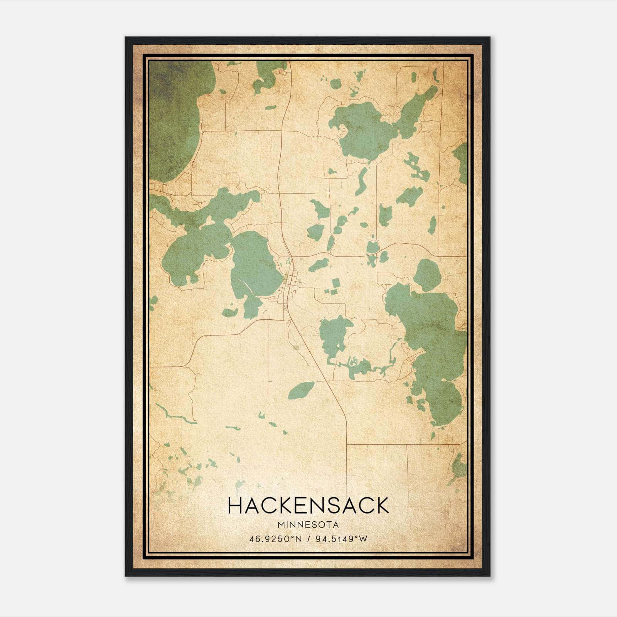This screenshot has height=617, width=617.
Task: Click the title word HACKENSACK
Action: pos(308,506)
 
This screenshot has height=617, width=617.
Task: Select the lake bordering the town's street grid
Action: pos(255,270)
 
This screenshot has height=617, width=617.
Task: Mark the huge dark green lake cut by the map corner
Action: pos(174,116)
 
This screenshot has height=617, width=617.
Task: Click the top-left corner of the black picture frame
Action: pos(126,38)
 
